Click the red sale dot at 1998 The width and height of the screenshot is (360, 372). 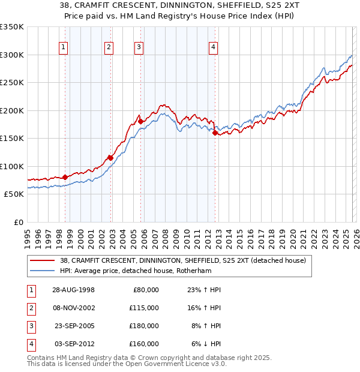(65, 178)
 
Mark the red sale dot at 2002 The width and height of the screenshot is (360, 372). (110, 158)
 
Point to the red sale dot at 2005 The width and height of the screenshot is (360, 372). (141, 121)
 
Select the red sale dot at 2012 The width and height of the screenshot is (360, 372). (215, 133)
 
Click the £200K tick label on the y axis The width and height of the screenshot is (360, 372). (11, 110)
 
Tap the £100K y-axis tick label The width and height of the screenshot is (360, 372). (11, 166)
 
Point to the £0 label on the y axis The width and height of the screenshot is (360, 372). (17, 222)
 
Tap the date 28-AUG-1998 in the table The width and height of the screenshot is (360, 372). (73, 290)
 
